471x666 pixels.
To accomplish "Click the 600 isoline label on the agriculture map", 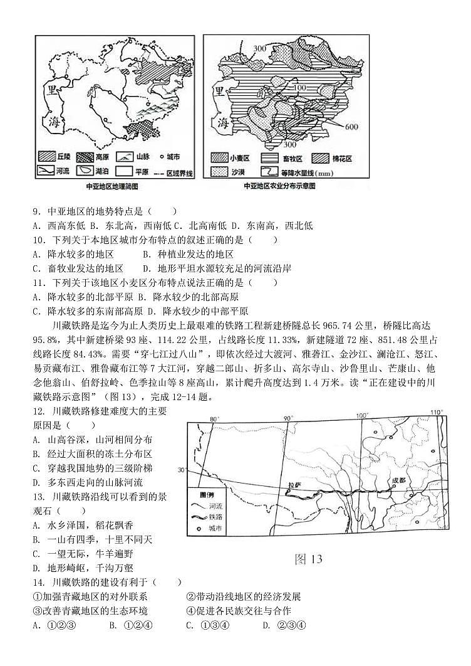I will (350, 127).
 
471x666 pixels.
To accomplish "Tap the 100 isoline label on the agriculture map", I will (299, 87).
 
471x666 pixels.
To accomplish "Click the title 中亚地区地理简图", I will (112, 187).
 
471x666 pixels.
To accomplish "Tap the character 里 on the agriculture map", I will (220, 91).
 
